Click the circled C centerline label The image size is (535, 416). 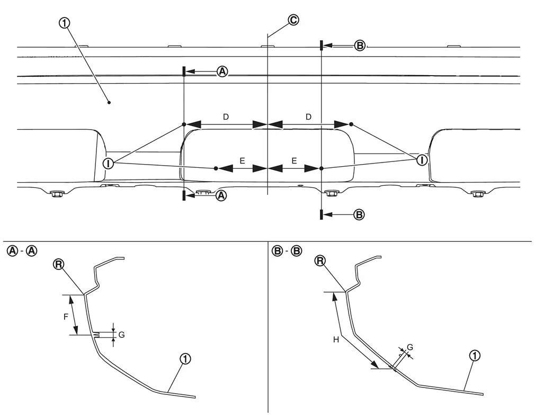293,20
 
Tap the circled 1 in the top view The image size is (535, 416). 64,23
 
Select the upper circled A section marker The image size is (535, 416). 222,71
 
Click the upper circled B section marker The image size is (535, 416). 360,46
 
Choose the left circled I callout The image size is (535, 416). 108,164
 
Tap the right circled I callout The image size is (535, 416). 422,160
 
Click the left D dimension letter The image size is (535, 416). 226,117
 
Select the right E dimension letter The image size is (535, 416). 294,160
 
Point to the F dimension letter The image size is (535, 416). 66,317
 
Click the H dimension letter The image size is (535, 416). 336,340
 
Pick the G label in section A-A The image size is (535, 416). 121,335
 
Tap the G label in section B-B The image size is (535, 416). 410,347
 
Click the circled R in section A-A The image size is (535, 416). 58,264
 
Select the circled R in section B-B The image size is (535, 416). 320,261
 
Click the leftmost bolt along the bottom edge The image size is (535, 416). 55,194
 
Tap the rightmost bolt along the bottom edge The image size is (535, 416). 476,194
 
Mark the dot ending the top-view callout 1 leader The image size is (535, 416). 109,102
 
